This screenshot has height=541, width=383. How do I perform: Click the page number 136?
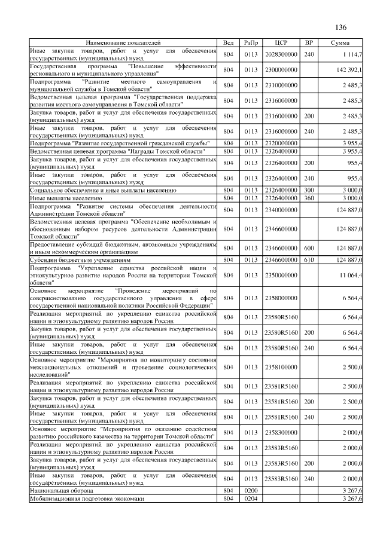point(341,27)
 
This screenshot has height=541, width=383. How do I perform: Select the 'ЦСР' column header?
point(281,44)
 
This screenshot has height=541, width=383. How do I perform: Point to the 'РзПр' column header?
point(251,44)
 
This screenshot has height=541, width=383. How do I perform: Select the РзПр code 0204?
point(251,499)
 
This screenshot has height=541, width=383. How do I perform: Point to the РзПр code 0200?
point(251,490)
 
